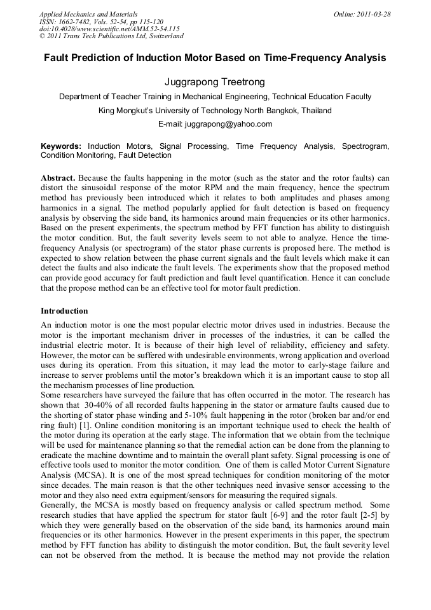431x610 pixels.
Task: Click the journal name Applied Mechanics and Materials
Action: (88, 14)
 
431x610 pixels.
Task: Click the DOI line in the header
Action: (109, 29)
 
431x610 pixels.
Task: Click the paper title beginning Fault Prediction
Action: (215, 57)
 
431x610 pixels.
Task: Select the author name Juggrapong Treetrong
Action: (215, 82)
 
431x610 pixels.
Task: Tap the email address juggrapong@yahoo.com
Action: (215, 124)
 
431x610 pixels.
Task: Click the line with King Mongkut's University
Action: (215, 111)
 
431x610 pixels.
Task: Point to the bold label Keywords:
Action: (61, 146)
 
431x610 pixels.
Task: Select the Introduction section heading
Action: (64, 311)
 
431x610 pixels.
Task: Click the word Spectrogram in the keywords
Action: (365, 146)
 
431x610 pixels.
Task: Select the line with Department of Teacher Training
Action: (215, 97)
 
